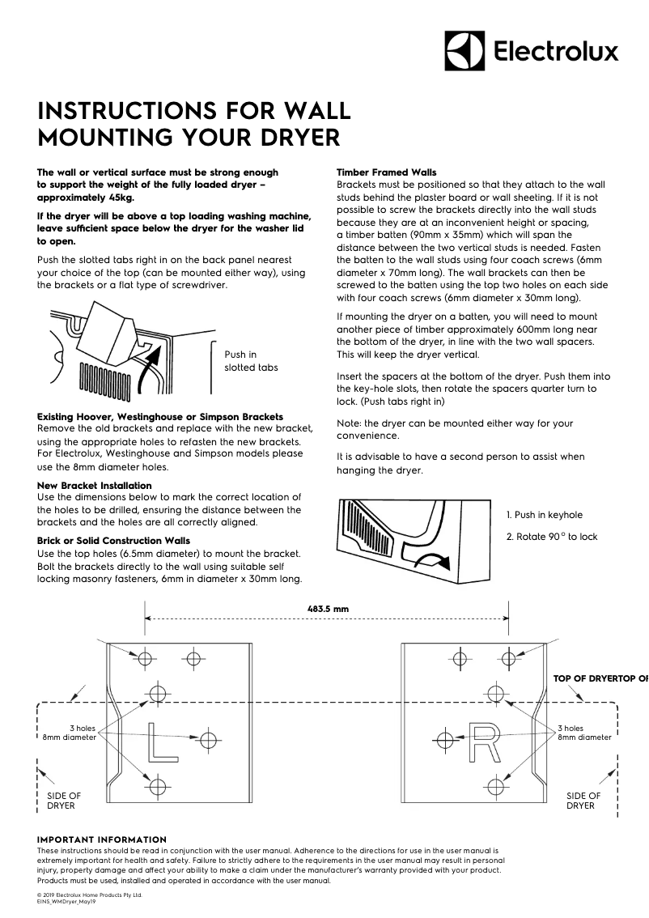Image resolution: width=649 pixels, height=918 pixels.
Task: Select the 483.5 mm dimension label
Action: (x=328, y=608)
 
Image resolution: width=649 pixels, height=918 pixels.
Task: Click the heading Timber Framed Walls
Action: (x=386, y=172)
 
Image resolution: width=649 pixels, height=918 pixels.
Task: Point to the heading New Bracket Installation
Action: (x=94, y=486)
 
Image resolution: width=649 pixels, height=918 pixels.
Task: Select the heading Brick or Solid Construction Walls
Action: (x=113, y=540)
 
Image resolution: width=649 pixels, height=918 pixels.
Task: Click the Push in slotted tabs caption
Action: (x=250, y=361)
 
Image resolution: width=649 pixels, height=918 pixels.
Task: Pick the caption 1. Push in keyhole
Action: (x=544, y=515)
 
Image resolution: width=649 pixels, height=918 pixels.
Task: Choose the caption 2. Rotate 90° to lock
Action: (x=552, y=537)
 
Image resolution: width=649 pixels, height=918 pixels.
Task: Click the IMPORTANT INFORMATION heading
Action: (x=102, y=839)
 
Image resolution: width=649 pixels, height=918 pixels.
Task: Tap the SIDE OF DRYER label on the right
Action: (x=583, y=801)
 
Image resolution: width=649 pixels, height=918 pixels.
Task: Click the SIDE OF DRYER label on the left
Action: (x=65, y=801)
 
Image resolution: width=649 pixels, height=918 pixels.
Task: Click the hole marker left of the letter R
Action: (x=443, y=738)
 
